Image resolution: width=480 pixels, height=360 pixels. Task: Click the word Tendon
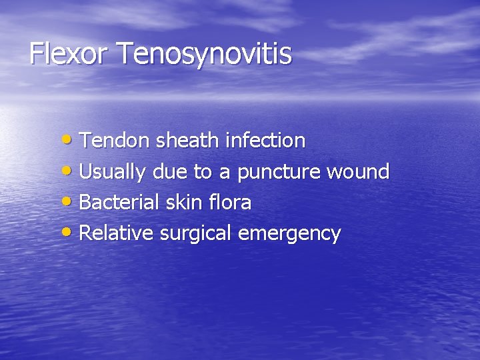coord(115,141)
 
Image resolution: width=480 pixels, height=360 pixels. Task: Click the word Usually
coord(112,172)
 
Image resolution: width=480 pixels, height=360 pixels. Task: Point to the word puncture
coord(278,173)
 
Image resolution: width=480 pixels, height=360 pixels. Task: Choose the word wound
coord(357,172)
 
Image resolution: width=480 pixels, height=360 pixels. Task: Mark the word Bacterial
coord(117,203)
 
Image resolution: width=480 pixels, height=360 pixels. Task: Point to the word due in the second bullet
coord(170,172)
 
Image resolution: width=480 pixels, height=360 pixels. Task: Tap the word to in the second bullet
coord(203,172)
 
